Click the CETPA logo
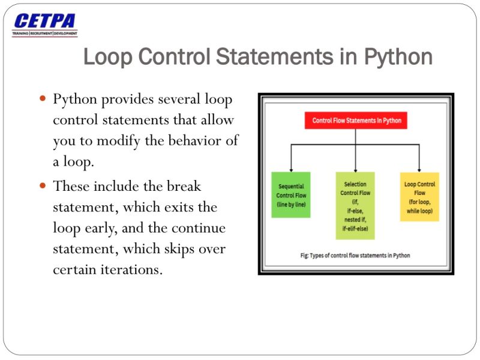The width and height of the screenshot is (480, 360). [45, 22]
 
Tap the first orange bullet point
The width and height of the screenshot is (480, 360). [43, 98]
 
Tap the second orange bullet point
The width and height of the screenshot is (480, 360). [43, 185]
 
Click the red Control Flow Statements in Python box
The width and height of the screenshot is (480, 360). [356, 121]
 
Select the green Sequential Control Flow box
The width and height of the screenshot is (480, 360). [291, 195]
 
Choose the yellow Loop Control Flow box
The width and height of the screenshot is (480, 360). [419, 197]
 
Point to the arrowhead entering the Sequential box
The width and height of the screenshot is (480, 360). [291, 170]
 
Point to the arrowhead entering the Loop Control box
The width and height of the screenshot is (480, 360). [419, 170]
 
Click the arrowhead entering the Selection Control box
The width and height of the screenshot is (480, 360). [356, 170]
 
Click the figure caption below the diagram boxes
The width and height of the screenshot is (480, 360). [355, 256]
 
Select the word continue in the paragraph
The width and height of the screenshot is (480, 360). [198, 228]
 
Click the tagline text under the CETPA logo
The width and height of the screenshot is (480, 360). [45, 34]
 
